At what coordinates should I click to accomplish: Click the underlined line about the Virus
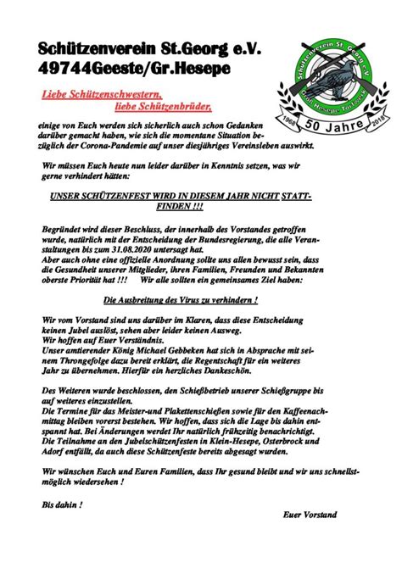[180, 300]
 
